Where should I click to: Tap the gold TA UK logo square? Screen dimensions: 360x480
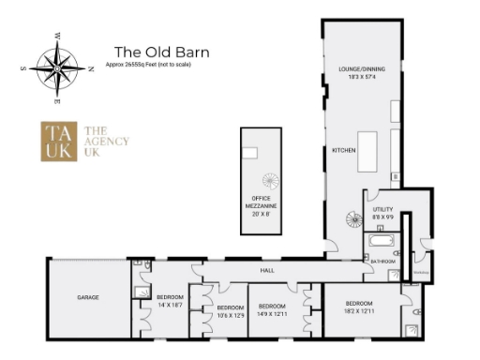coord(59,142)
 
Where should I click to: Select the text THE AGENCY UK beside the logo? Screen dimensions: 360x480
coord(106,142)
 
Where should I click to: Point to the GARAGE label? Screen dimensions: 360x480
coord(88,297)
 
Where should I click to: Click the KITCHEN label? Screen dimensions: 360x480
coord(343,150)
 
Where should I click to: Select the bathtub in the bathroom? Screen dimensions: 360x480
coord(383,252)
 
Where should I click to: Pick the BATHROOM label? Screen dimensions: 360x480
coord(382,262)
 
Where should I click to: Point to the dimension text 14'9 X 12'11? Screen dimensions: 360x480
coord(272,313)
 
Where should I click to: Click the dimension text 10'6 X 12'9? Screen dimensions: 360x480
coord(230,315)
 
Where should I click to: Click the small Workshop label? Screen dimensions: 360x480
coord(421,273)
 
